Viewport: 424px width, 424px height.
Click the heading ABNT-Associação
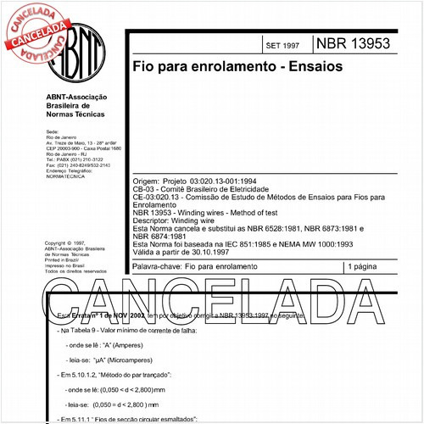point(78,98)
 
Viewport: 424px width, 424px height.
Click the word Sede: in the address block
point(50,133)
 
